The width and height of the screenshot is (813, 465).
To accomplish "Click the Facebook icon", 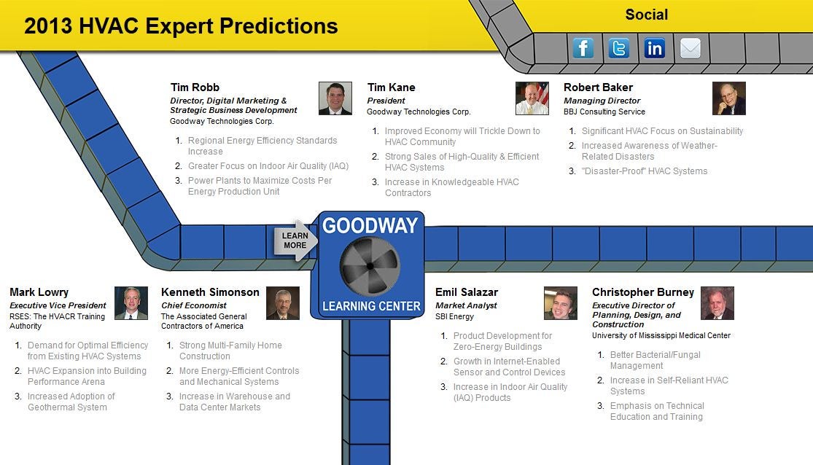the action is click(583, 48).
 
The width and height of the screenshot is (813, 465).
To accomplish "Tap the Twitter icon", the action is click(619, 48).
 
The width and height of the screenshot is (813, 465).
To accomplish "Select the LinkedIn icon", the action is click(654, 48).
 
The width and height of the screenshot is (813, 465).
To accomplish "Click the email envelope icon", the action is click(690, 48).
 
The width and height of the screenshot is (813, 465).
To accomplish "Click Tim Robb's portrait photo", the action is click(335, 98).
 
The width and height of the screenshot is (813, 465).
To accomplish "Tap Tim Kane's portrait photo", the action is click(532, 98).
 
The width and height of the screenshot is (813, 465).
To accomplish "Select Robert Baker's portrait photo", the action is click(729, 98).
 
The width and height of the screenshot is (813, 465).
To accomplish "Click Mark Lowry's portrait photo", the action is click(131, 302).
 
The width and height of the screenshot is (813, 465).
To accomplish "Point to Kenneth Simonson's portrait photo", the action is click(283, 302).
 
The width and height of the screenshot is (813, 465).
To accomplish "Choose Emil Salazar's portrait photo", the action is click(561, 302).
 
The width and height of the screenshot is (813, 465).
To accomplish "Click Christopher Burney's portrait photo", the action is click(717, 302).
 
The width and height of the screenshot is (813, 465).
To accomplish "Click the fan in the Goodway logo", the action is click(370, 266).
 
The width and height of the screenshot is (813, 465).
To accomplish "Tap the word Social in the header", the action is click(647, 15).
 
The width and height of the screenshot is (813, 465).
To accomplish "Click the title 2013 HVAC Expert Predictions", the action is click(181, 26).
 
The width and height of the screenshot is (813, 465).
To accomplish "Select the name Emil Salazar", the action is click(467, 292).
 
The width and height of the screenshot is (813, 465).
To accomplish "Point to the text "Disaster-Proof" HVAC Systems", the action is click(645, 171).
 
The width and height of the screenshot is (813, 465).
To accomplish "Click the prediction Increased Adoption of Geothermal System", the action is click(71, 402).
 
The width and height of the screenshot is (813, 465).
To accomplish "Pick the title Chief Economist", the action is click(194, 306).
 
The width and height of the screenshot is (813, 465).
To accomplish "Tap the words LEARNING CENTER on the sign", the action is click(371, 306).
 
